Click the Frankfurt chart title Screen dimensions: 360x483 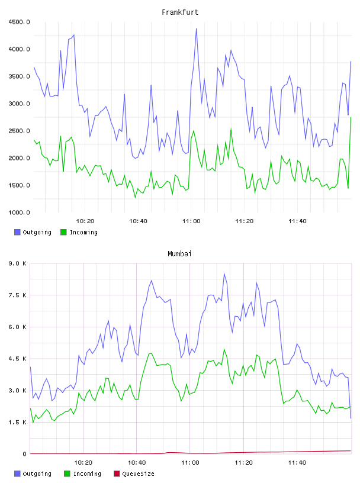point(180,12)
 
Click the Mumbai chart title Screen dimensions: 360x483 point(179,254)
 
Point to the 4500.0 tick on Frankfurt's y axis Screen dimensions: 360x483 point(19,22)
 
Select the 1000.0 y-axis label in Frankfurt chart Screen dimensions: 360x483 point(19,212)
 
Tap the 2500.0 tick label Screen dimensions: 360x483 point(19,131)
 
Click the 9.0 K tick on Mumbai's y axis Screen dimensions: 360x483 point(18,263)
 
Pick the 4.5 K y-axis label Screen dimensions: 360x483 point(18,359)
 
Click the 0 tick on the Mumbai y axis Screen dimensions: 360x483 point(24,454)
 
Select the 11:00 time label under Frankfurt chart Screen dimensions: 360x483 point(191,221)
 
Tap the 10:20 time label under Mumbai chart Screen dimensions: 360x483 point(83,463)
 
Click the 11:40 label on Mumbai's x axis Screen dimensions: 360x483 point(297,463)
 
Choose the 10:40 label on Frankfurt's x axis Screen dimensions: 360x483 point(138,221)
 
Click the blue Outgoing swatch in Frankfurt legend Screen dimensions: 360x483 point(17,232)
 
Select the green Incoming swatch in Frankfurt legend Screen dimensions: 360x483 point(63,232)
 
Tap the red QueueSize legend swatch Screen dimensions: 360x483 point(117,474)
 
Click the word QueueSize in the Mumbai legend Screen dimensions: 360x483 point(139,474)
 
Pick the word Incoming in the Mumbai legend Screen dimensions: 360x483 point(87,474)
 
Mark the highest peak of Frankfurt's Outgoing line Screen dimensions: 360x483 point(197,28)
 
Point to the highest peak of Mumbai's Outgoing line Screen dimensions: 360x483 point(224,273)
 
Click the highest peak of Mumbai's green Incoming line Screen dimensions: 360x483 point(224,349)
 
